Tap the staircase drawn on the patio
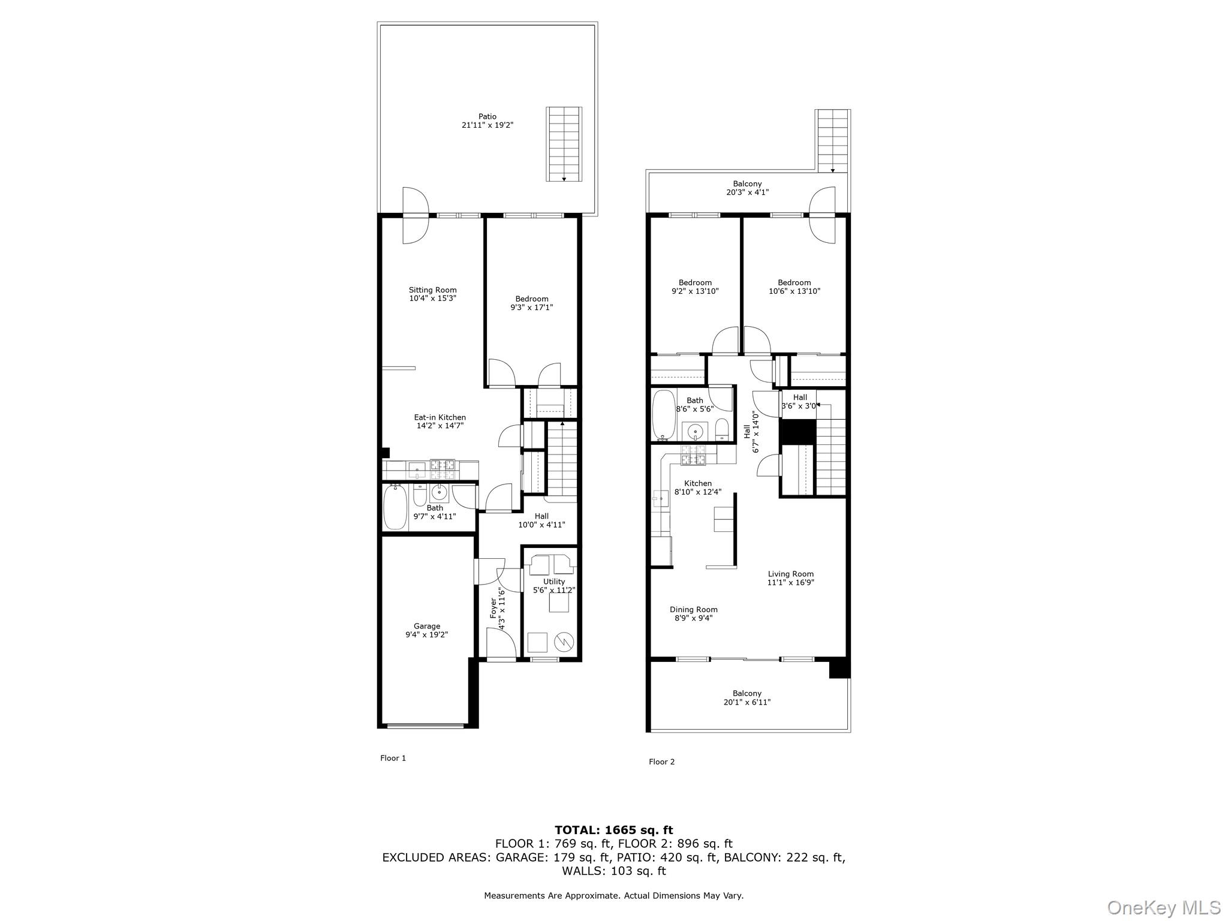point(564,144)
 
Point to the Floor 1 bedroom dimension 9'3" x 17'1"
point(531,308)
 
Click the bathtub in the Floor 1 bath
point(395,507)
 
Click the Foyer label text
point(493,609)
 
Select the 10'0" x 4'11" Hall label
point(541,520)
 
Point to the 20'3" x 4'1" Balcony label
point(747,188)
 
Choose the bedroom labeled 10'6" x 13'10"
point(794,287)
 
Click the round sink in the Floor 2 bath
point(696,431)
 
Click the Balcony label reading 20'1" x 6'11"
point(747,697)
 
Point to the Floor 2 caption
point(661,762)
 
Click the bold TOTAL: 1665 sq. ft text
point(613,830)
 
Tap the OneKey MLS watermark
point(1163,907)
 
